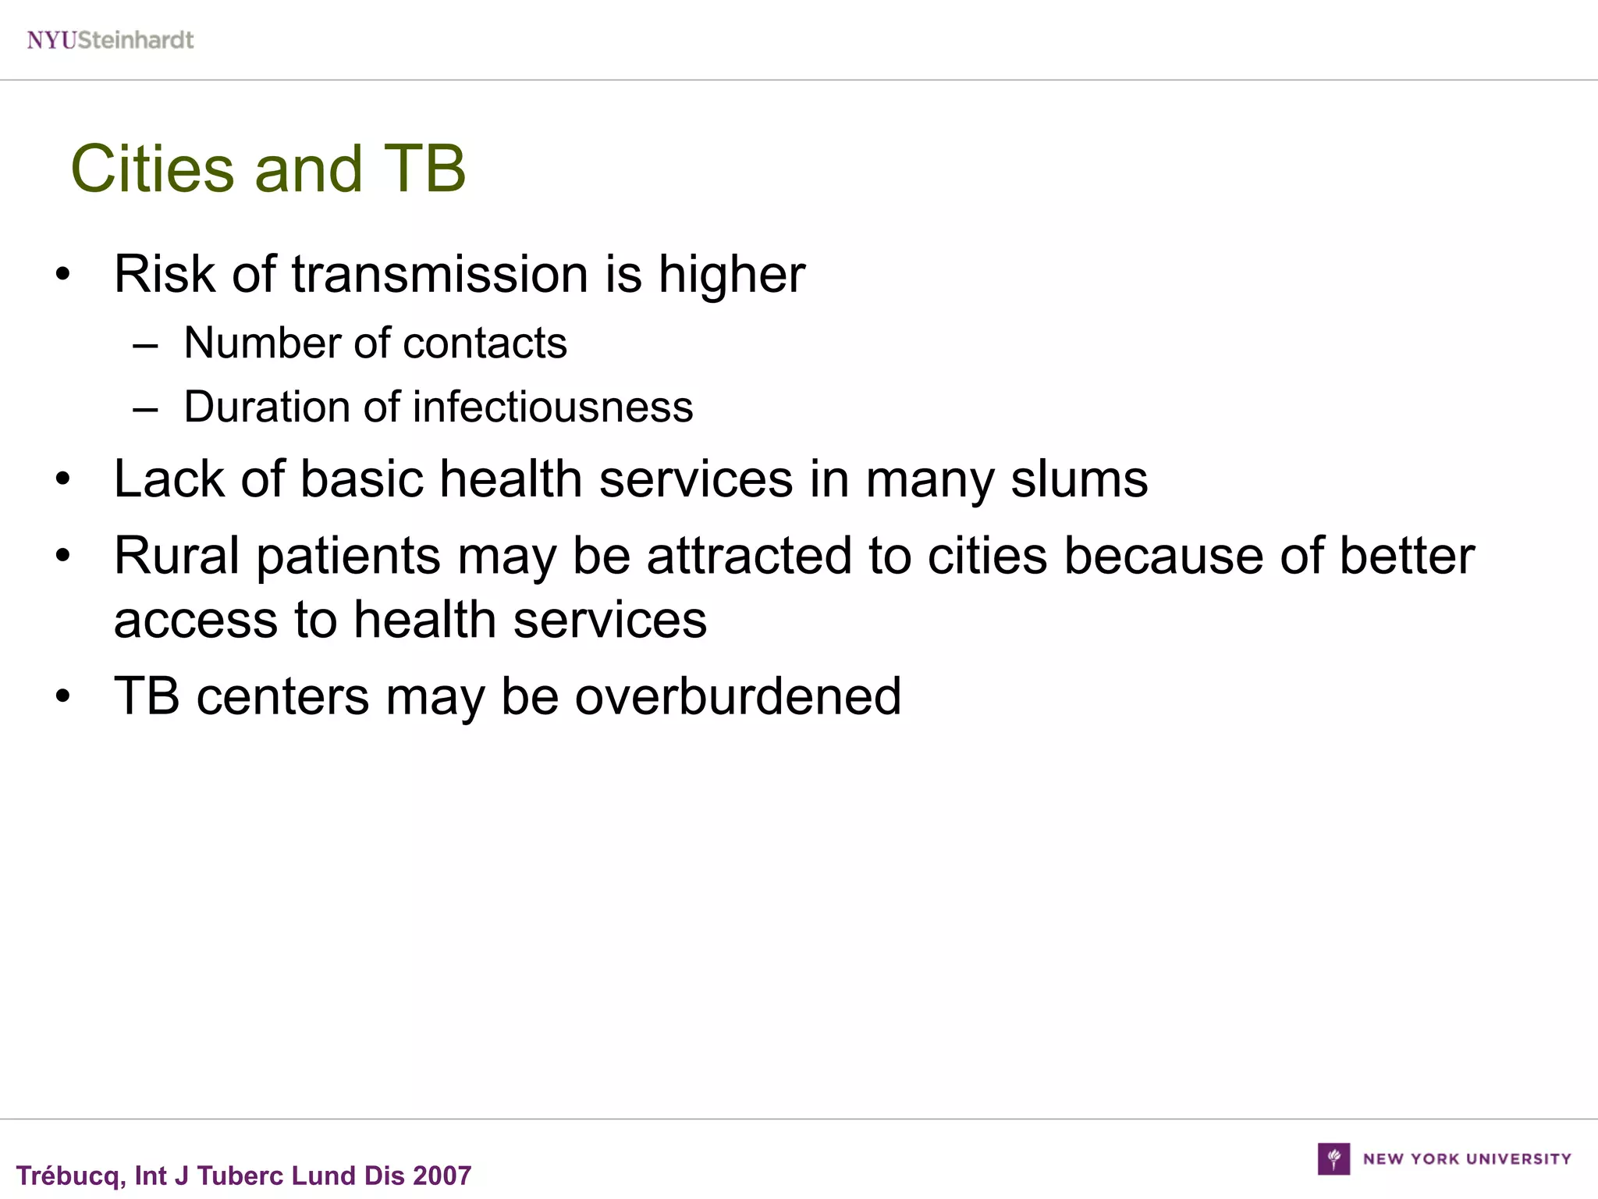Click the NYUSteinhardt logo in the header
pyautogui.click(x=110, y=40)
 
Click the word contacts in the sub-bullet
pyautogui.click(x=485, y=343)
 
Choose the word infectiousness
pyautogui.click(x=552, y=407)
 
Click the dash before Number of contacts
pyautogui.click(x=146, y=345)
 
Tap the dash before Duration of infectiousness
pyautogui.click(x=146, y=409)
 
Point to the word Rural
pyautogui.click(x=176, y=557)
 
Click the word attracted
pyautogui.click(x=749, y=557)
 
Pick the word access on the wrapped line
pyautogui.click(x=195, y=621)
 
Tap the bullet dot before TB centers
pyautogui.click(x=63, y=696)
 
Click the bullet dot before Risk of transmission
pyautogui.click(x=63, y=276)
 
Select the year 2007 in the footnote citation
pyautogui.click(x=442, y=1176)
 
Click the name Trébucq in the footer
pyautogui.click(x=67, y=1176)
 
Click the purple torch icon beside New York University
pyautogui.click(x=1333, y=1158)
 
